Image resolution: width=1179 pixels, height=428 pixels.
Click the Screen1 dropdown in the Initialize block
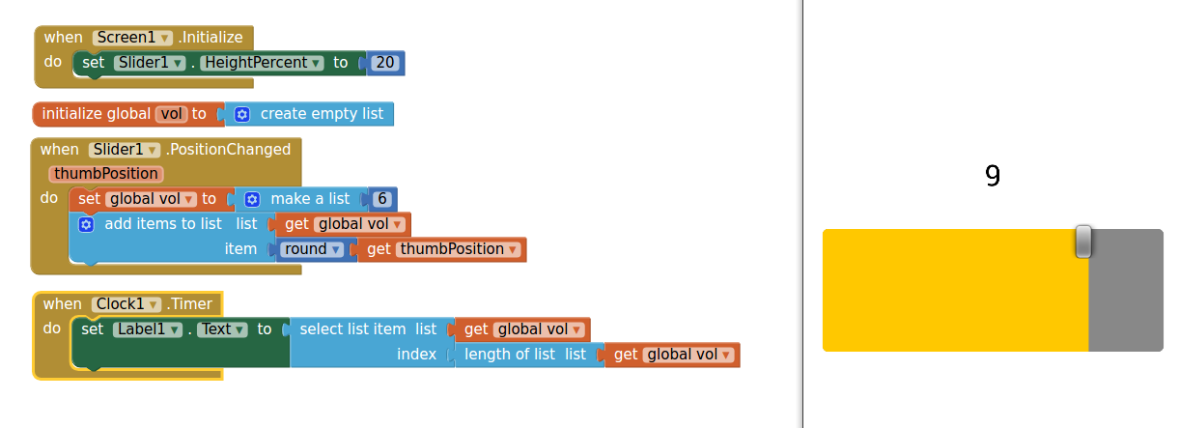click(x=133, y=38)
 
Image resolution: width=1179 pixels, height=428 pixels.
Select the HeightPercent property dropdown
click(x=262, y=63)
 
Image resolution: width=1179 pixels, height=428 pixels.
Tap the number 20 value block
click(x=385, y=63)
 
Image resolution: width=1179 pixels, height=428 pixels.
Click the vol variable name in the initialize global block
click(x=172, y=114)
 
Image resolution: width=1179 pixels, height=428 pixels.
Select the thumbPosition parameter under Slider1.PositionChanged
click(x=105, y=174)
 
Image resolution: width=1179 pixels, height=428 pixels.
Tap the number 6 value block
click(x=382, y=199)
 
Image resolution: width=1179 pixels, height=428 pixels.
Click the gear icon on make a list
click(x=252, y=199)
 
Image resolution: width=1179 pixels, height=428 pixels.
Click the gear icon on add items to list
click(x=85, y=224)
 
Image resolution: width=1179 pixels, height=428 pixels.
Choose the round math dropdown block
click(x=313, y=249)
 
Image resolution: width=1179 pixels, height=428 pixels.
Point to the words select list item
click(x=352, y=329)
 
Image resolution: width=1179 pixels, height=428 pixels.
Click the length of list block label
click(x=510, y=355)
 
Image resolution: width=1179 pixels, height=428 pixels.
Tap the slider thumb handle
click(x=1083, y=242)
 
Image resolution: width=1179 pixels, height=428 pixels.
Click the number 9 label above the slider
click(x=993, y=176)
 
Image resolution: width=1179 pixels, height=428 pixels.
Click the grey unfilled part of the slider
click(x=1126, y=290)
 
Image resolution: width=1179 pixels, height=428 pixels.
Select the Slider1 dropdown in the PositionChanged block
click(x=124, y=150)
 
